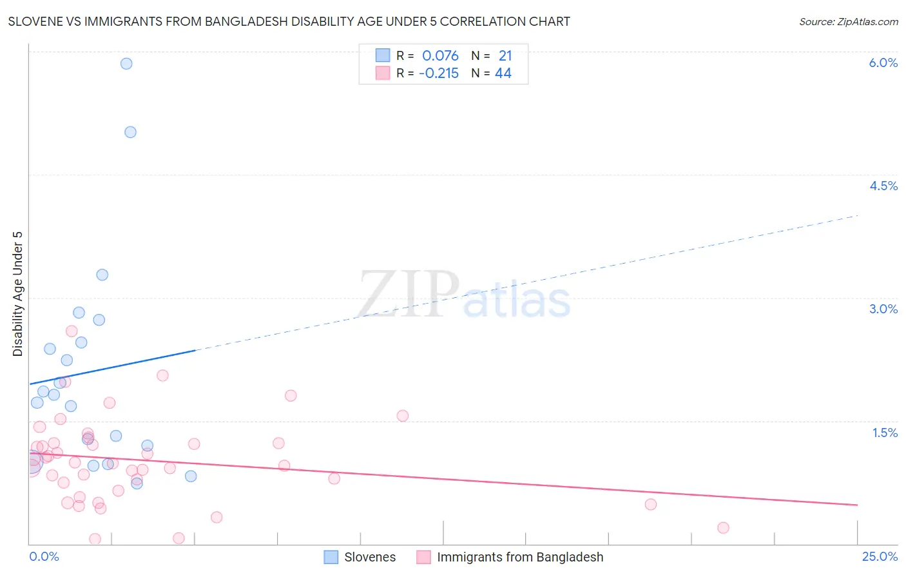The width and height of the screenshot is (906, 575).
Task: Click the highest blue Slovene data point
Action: pyautogui.click(x=126, y=63)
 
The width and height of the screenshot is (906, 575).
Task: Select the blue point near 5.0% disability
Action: pyautogui.click(x=130, y=132)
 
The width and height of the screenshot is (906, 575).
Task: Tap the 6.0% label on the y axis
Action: pyautogui.click(x=883, y=63)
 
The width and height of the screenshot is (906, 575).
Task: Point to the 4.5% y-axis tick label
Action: pyautogui.click(x=883, y=186)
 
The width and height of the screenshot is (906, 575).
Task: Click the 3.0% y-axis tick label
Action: pyautogui.click(x=883, y=309)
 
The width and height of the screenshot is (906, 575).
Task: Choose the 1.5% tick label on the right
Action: pyautogui.click(x=885, y=433)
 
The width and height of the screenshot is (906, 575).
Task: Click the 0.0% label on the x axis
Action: pyautogui.click(x=44, y=557)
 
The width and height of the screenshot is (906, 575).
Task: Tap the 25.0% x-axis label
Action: pyautogui.click(x=880, y=557)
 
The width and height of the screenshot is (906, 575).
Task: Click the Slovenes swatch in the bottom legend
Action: pyautogui.click(x=331, y=557)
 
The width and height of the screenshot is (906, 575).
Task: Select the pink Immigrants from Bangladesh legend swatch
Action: pyautogui.click(x=423, y=557)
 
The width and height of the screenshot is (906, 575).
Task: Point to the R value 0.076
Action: pyautogui.click(x=440, y=55)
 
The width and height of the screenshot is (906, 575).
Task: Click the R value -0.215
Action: pyautogui.click(x=438, y=73)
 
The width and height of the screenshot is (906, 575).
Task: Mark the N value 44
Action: pyautogui.click(x=503, y=73)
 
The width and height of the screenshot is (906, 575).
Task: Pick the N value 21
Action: pyautogui.click(x=505, y=55)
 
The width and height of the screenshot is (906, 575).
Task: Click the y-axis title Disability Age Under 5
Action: pyautogui.click(x=17, y=294)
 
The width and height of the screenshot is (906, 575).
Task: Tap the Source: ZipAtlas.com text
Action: pyautogui.click(x=848, y=21)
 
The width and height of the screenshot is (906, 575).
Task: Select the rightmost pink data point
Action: pyautogui.click(x=723, y=528)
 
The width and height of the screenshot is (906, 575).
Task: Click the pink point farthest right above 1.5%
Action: pyautogui.click(x=403, y=416)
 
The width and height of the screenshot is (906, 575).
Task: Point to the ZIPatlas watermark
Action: pyautogui.click(x=464, y=295)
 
